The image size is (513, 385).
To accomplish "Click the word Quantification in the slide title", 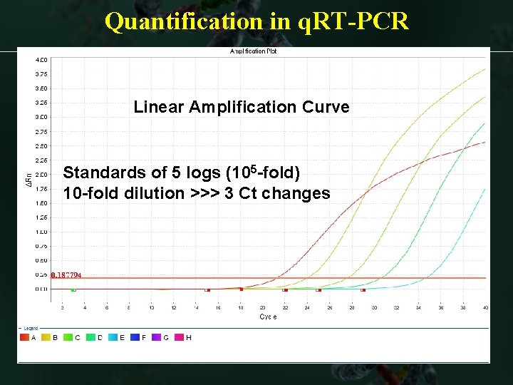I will point(183,21).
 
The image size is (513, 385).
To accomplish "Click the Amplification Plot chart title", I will point(253,51).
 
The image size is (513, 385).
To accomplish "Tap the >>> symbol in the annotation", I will point(203,193).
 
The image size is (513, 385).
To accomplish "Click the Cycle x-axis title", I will point(268,317).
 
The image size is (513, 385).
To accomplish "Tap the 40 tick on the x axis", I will point(484,307).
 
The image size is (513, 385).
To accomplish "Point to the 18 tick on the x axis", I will point(241,307).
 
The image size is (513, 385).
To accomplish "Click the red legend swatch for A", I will point(24,337).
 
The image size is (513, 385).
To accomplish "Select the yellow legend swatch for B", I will point(46,337).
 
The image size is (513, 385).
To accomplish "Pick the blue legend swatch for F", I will point(134,337).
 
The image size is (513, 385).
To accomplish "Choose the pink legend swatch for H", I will point(178,337).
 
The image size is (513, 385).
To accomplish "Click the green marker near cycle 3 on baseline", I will point(73,289).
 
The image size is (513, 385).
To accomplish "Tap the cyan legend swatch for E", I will point(112,337).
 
